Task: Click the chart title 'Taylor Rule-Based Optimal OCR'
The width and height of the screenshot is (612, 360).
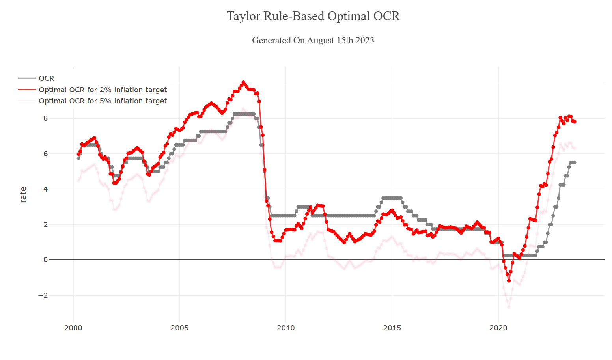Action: [313, 16]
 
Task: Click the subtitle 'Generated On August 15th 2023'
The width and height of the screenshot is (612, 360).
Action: [313, 40]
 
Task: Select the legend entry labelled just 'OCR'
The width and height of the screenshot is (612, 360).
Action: [47, 78]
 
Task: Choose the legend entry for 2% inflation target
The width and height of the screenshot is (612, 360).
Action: [103, 90]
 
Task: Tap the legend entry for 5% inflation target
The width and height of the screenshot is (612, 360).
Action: [103, 101]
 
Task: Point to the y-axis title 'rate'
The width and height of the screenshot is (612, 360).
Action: [23, 195]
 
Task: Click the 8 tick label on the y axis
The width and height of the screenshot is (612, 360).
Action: [46, 118]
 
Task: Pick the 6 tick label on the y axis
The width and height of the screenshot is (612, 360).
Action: [46, 154]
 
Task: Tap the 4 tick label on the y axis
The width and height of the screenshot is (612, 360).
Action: [46, 189]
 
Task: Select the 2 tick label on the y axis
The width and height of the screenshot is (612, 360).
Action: [46, 225]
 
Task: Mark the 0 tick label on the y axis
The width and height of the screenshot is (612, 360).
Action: [46, 260]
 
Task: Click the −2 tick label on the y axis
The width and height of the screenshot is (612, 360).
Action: [43, 295]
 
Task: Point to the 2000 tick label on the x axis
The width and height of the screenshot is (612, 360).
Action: [73, 328]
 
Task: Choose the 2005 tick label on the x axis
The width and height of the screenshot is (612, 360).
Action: [179, 328]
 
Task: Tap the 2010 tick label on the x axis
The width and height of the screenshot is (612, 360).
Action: [286, 328]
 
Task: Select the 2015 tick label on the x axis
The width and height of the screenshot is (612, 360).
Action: [392, 328]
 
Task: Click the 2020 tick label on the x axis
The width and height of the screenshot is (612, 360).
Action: [498, 328]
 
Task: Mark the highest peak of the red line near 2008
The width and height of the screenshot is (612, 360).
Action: [243, 82]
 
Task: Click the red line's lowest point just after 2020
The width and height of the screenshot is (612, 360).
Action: [509, 281]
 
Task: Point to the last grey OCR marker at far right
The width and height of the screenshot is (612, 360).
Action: [575, 162]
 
